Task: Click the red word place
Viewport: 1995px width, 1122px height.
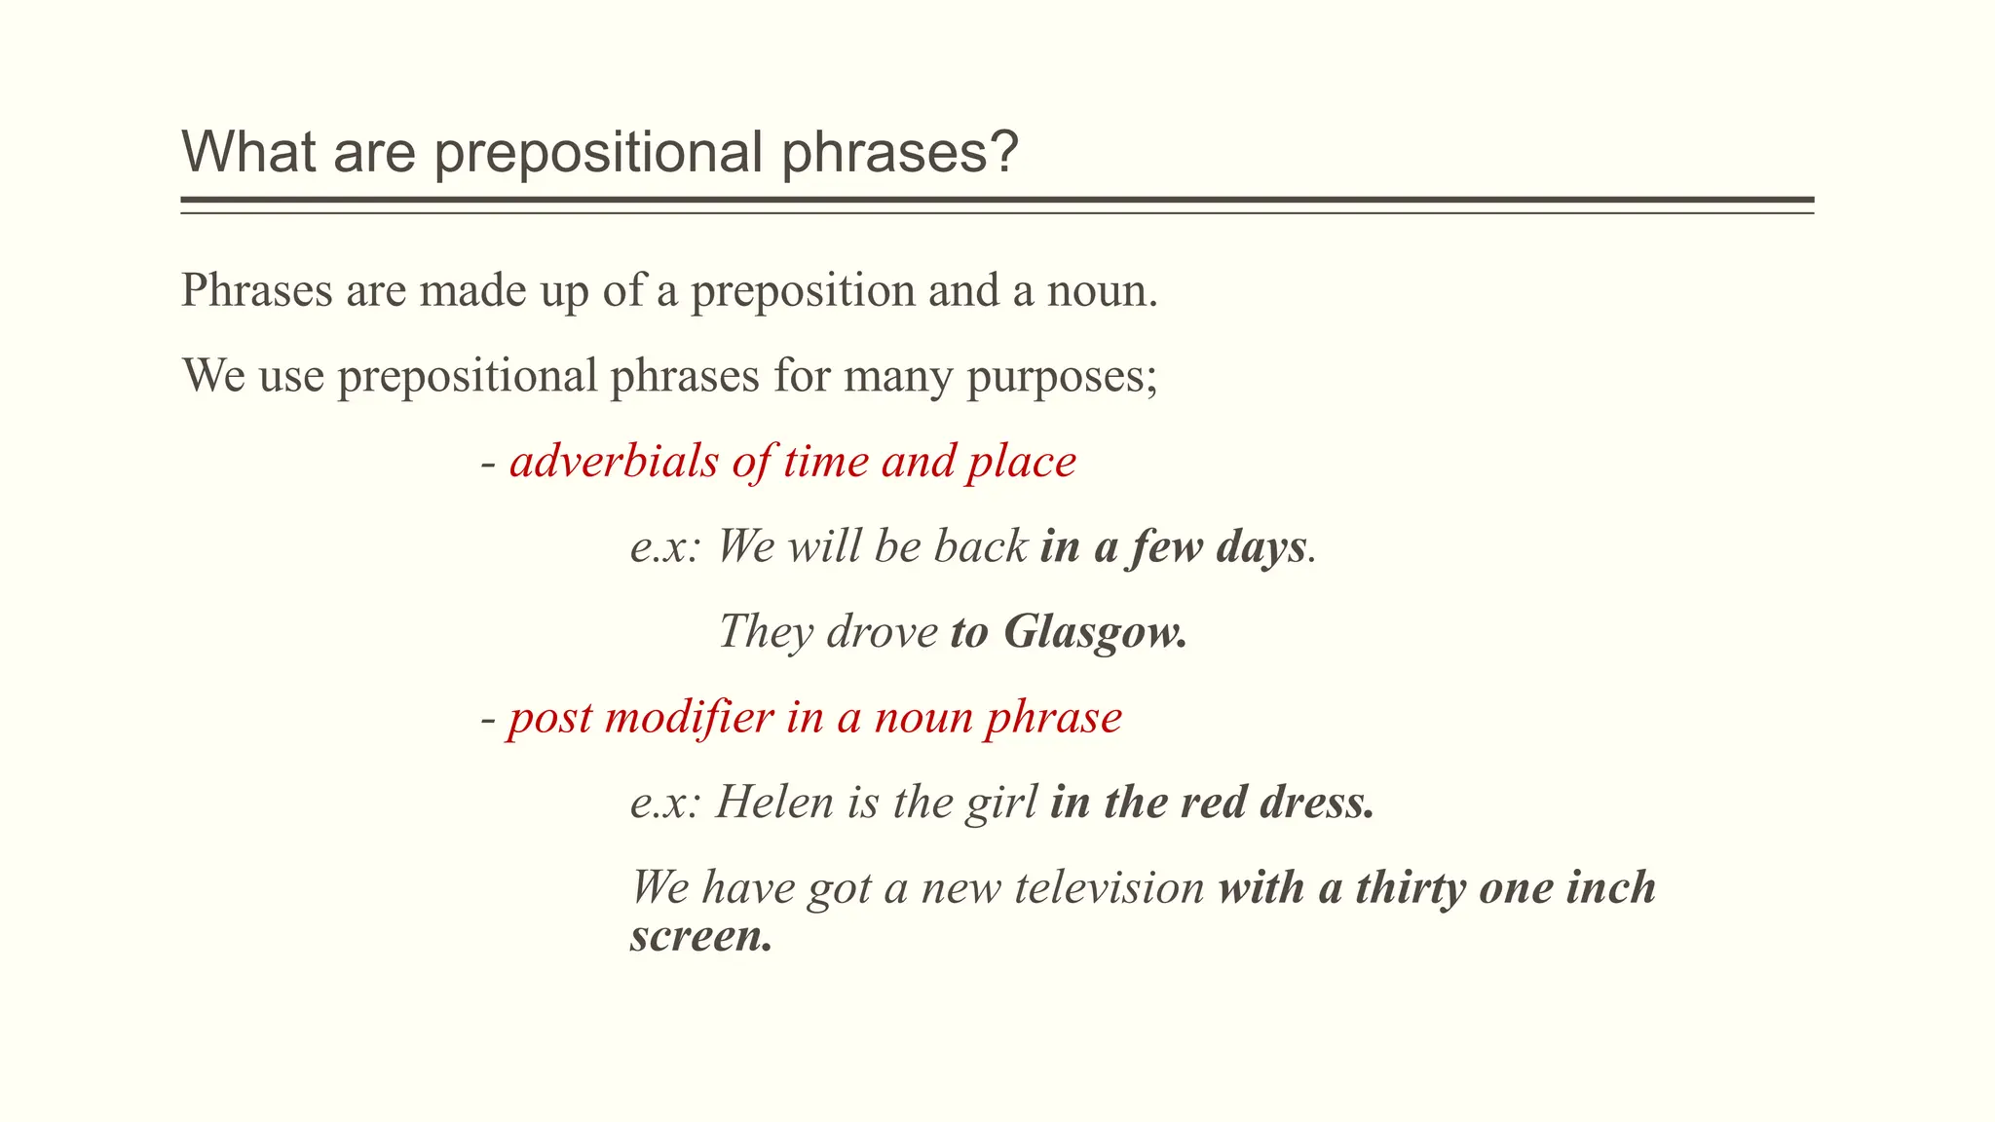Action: pos(1021,463)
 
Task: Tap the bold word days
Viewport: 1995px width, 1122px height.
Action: pos(1261,547)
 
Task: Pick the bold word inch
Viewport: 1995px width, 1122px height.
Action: pos(1610,887)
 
